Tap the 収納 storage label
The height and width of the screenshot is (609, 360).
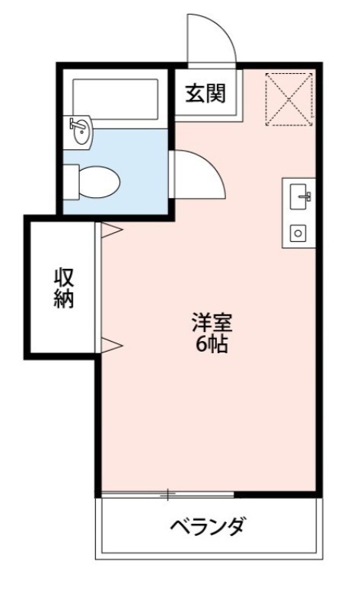point(63,288)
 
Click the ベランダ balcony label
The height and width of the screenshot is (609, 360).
point(207,525)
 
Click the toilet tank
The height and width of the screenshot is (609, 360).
point(72,182)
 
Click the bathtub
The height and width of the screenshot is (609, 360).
point(115,97)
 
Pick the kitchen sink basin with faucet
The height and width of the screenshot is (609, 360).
point(299,196)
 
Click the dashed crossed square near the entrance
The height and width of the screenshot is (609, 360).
point(288,98)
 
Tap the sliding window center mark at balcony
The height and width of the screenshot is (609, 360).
point(167,495)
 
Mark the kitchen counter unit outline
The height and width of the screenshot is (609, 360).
point(299,213)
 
